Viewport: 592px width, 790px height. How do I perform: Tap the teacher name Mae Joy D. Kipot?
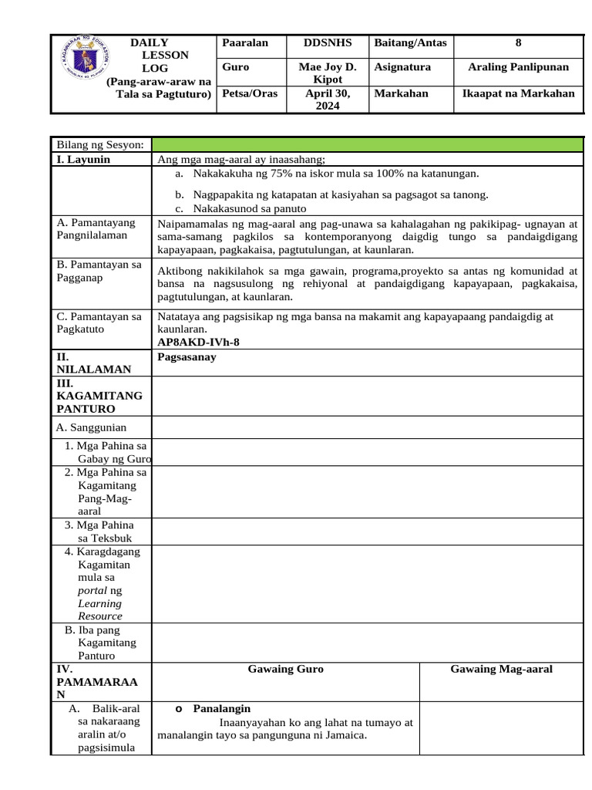point(327,73)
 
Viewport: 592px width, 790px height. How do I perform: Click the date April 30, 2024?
point(327,100)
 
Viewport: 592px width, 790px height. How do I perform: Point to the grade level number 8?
point(518,43)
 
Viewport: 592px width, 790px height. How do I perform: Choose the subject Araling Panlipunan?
point(518,67)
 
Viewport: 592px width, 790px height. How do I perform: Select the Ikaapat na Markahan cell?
point(518,93)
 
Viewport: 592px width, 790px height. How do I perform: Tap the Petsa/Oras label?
point(245,93)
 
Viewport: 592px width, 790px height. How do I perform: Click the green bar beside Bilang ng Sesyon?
point(367,145)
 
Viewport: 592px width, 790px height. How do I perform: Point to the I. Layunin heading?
point(83,160)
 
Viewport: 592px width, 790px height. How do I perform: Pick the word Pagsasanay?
point(187,357)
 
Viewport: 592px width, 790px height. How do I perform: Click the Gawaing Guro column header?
point(285,669)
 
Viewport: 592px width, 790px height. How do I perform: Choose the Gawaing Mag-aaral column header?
point(501,669)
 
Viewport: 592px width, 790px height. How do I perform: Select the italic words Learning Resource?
point(100,609)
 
